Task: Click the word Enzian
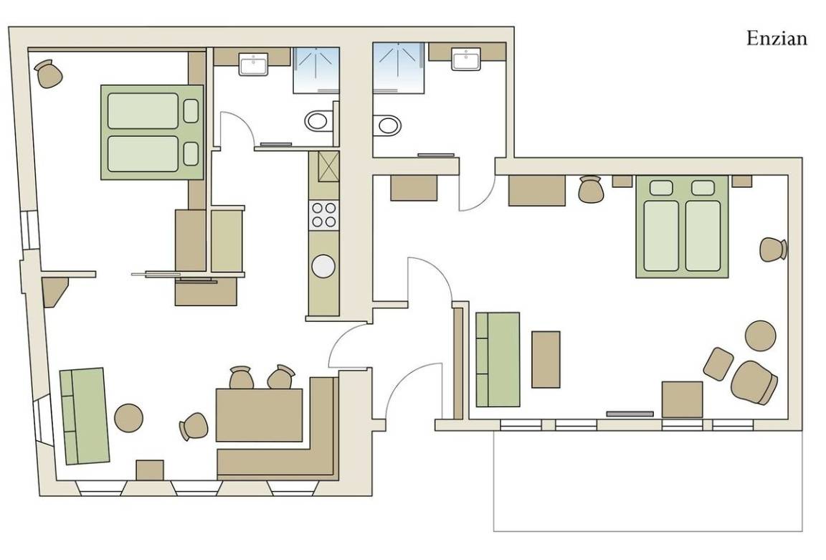pyautogui.click(x=777, y=39)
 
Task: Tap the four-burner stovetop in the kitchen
pyautogui.click(x=324, y=215)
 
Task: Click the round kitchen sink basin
pyautogui.click(x=323, y=266)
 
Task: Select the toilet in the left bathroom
pyautogui.click(x=319, y=120)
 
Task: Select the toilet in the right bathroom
pyautogui.click(x=386, y=125)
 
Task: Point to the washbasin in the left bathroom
pyautogui.click(x=253, y=64)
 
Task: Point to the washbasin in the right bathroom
pyautogui.click(x=465, y=59)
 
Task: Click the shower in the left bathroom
pyautogui.click(x=316, y=70)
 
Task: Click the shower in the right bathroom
pyautogui.click(x=398, y=69)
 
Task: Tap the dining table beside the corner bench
pyautogui.click(x=259, y=414)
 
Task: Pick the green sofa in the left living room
pyautogui.click(x=85, y=416)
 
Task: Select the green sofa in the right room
pyautogui.click(x=498, y=359)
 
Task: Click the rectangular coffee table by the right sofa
pyautogui.click(x=546, y=359)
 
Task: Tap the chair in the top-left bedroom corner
pyautogui.click(x=49, y=74)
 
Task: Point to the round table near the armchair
pyautogui.click(x=761, y=335)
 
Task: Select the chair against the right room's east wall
pyautogui.click(x=774, y=250)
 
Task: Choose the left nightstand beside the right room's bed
pyautogui.click(x=622, y=181)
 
